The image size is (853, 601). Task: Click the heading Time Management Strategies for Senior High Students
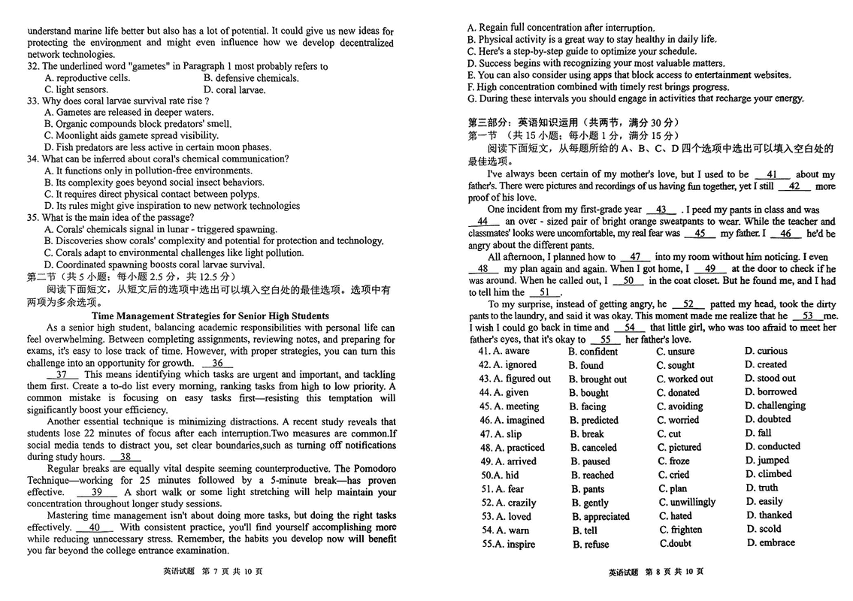pos(210,316)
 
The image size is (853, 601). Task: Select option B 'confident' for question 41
pos(593,352)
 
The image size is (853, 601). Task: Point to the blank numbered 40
pos(95,527)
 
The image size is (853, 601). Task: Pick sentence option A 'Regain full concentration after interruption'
pos(561,28)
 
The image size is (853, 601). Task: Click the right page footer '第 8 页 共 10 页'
pos(657,572)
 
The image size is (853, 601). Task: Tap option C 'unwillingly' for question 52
pos(687,502)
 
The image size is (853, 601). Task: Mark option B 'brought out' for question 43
pos(599,379)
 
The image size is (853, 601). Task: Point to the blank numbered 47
pos(635,257)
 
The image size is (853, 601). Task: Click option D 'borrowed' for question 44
pos(771,391)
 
